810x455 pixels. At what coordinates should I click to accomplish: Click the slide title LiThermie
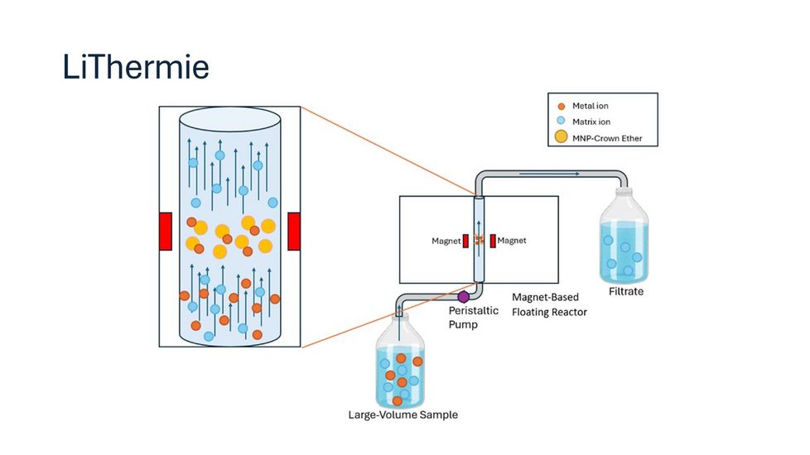pos(136,66)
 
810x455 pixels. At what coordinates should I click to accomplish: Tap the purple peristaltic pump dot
pos(463,295)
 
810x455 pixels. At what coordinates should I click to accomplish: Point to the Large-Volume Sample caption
pos(403,414)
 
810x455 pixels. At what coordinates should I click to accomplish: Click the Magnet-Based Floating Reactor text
pos(549,304)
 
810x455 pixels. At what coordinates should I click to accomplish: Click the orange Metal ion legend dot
pos(562,106)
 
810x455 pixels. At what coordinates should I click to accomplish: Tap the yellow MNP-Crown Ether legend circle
pos(562,137)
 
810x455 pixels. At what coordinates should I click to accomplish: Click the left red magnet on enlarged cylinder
pos(166,231)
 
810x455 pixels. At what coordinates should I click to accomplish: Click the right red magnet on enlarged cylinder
pos(293,231)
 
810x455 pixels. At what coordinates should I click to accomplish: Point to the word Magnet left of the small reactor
pos(446,241)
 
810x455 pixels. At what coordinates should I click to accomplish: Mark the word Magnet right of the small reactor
pos(512,241)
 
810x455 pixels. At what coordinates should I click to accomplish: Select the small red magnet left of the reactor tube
pos(465,241)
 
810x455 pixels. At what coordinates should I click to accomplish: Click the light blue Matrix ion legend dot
pos(562,122)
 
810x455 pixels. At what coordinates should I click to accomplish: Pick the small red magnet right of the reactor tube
pos(492,241)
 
